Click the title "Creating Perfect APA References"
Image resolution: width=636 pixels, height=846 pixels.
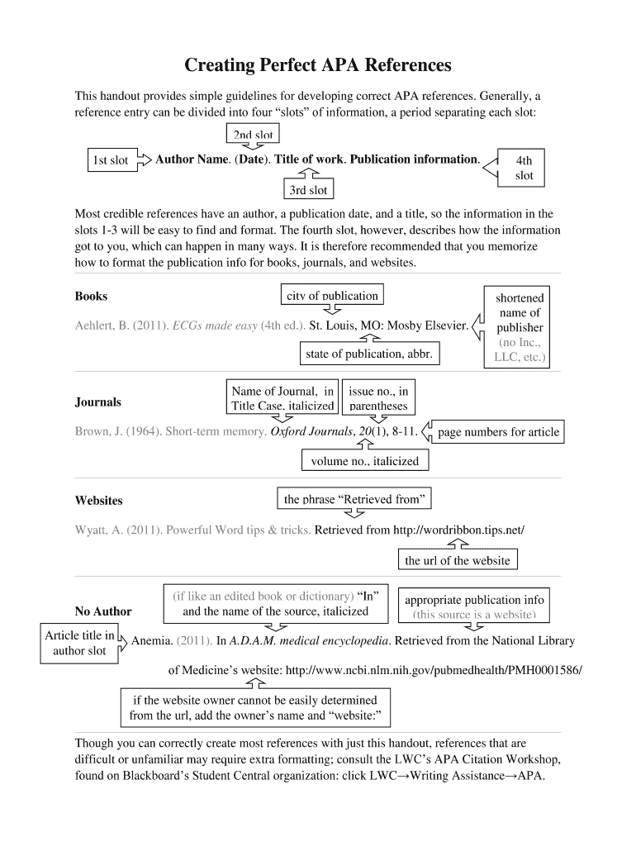click(318, 64)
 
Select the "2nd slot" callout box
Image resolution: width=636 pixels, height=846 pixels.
click(252, 135)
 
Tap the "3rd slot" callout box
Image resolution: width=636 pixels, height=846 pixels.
click(308, 190)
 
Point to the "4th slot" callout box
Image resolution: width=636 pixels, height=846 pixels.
click(524, 168)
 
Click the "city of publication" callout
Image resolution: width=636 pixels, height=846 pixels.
click(331, 296)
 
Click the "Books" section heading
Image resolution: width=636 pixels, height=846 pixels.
click(91, 296)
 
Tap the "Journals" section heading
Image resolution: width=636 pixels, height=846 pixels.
click(97, 402)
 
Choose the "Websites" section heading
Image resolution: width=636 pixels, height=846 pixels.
click(98, 501)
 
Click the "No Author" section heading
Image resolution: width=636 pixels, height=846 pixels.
click(103, 611)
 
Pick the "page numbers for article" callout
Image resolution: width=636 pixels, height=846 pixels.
click(498, 432)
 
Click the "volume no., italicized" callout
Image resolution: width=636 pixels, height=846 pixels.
click(364, 461)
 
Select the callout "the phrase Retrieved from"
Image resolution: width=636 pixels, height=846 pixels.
click(354, 499)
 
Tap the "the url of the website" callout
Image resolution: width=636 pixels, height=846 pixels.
click(458, 560)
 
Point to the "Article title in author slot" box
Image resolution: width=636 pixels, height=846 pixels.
click(79, 643)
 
